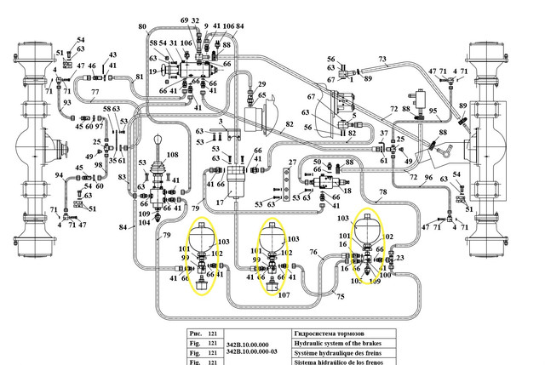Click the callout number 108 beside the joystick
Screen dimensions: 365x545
pyautogui.click(x=172, y=156)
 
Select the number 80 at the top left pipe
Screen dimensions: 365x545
pyautogui.click(x=142, y=27)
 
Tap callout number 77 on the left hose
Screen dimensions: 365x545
pyautogui.click(x=95, y=91)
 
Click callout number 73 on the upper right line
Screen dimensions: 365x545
pyautogui.click(x=382, y=60)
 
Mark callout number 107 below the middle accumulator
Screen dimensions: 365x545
pyautogui.click(x=284, y=295)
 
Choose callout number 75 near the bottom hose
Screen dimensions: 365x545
pyautogui.click(x=340, y=295)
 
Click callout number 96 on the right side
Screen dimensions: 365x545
pyautogui.click(x=428, y=178)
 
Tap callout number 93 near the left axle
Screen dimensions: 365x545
pyautogui.click(x=66, y=103)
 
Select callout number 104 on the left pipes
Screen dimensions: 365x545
pyautogui.click(x=144, y=223)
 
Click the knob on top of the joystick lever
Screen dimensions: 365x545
pyautogui.click(x=158, y=140)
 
